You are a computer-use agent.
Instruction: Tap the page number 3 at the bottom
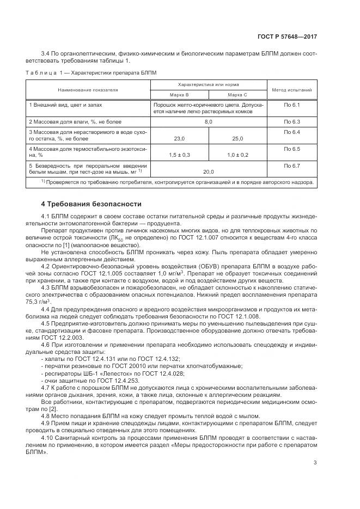pos(315,463)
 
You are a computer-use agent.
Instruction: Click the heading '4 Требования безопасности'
pos(91,204)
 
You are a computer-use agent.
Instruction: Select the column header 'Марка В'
pos(179,95)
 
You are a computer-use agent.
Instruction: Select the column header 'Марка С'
pos(237,95)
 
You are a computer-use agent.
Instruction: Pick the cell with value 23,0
pos(179,139)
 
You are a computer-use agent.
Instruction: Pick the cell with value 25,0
pos(237,139)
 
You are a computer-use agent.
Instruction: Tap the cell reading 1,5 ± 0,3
pos(179,155)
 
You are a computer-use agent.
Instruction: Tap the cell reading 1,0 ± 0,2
pos(237,155)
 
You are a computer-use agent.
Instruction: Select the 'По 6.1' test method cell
pos(292,103)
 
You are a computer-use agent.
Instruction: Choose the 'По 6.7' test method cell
pos(292,165)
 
